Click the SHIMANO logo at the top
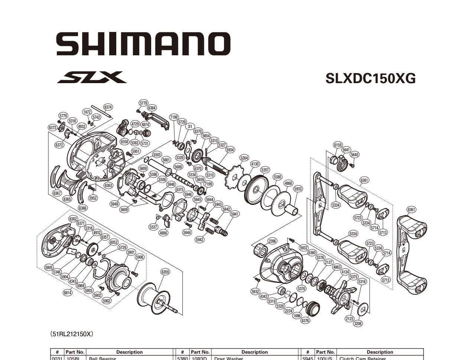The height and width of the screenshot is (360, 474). tap(143, 44)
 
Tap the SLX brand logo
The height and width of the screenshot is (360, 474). tap(92, 77)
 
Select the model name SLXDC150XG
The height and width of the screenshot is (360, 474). tap(370, 78)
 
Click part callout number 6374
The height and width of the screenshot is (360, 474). tap(108, 107)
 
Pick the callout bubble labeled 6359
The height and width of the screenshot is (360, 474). tap(165, 272)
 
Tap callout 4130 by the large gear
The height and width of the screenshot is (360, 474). tap(255, 164)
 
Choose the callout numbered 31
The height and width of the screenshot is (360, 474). tap(190, 127)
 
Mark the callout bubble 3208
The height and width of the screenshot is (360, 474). tap(358, 324)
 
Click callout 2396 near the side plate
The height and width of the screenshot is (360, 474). tap(272, 241)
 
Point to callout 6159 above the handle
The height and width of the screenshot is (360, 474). tap(338, 145)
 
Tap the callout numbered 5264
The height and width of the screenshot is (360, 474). tap(244, 158)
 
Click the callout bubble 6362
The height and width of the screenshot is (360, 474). tap(73, 219)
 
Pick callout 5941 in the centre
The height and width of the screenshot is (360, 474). tap(235, 214)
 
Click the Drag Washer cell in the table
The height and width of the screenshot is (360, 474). tap(229, 359)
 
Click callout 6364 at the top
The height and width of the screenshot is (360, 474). tap(152, 108)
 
